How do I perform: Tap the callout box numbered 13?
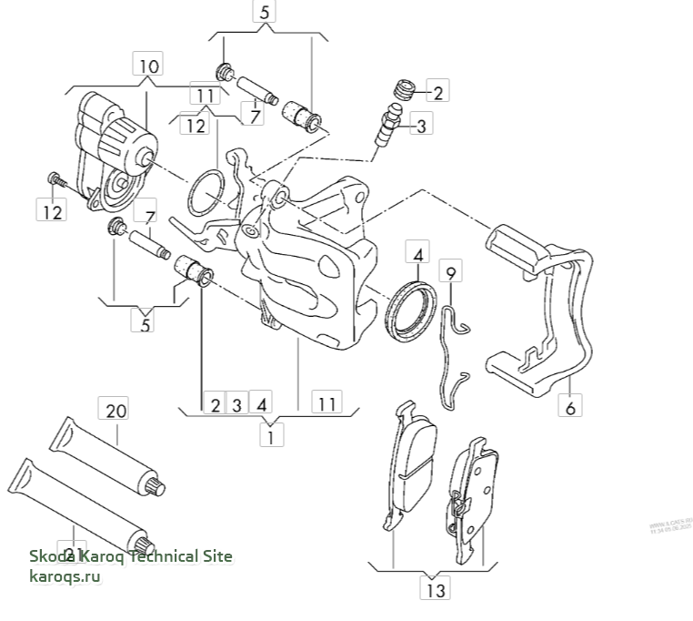point(436,589)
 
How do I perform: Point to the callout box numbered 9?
point(450,271)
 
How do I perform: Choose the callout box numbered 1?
point(270,436)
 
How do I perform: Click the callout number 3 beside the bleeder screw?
point(421,127)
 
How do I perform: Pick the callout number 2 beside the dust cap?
point(437,92)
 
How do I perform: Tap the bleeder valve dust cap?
point(403,91)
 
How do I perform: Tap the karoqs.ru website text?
point(65,577)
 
